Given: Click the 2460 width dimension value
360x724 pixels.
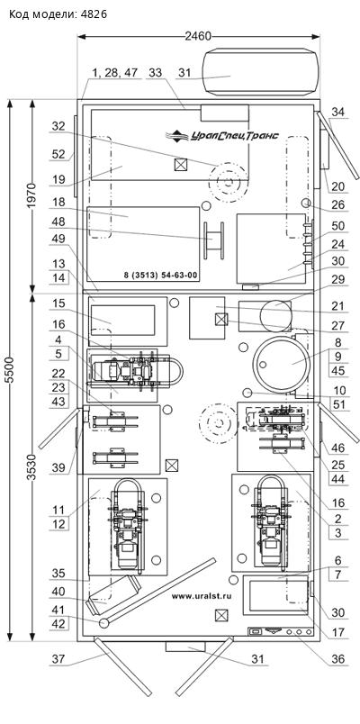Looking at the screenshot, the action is tap(198, 36).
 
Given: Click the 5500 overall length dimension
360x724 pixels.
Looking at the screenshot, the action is tap(14, 369).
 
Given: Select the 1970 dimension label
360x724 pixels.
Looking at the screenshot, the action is tap(31, 195).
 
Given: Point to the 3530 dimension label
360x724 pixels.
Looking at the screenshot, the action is tap(31, 467).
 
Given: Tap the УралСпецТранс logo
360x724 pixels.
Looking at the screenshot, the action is tap(222, 135).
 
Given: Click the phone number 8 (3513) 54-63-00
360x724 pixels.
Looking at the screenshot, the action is tap(160, 276).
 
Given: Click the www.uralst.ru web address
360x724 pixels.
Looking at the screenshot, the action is tap(202, 595).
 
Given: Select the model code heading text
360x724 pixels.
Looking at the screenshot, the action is tap(58, 14).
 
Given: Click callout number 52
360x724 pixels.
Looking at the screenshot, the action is tap(58, 155).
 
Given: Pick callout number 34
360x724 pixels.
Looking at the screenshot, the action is tap(338, 112).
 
